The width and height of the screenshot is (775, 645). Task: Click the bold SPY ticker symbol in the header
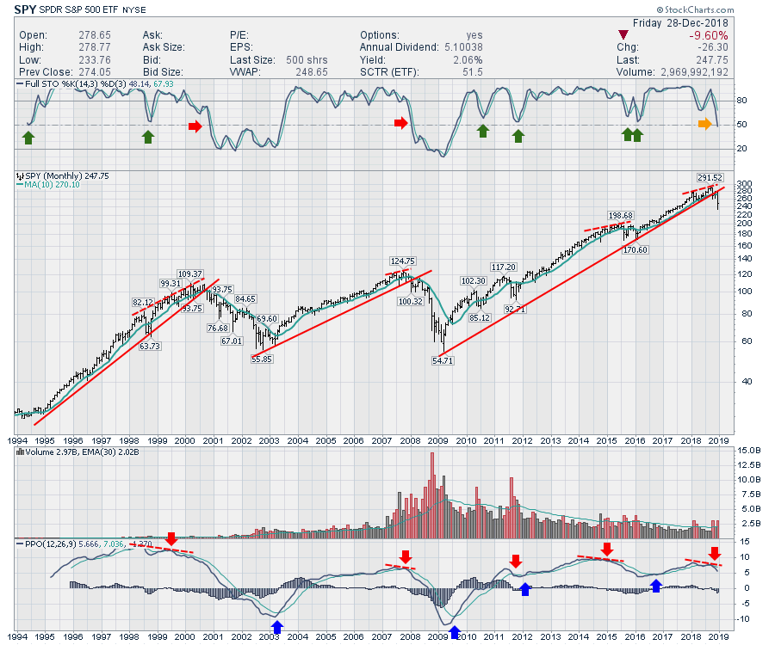(x=25, y=11)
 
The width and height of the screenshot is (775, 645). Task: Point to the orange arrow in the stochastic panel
(x=704, y=125)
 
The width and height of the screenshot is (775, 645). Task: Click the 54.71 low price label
(x=443, y=361)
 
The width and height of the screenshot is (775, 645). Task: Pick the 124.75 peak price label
(x=402, y=261)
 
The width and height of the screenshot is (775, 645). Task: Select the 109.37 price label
(x=189, y=273)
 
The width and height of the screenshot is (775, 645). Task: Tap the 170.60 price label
(x=635, y=250)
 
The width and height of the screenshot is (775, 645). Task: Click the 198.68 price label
(x=621, y=215)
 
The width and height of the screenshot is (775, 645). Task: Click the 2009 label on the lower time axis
(x=438, y=636)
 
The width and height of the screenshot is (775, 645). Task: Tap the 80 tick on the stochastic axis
(x=743, y=101)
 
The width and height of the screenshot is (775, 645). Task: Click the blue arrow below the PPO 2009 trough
(x=454, y=633)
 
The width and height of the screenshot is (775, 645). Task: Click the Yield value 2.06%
(x=469, y=60)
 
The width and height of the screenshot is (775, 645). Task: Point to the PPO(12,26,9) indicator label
(x=50, y=544)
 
